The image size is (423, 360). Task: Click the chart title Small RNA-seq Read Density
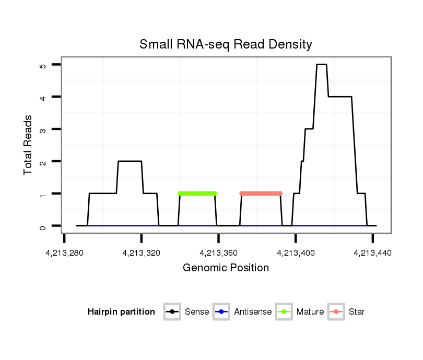click(x=226, y=44)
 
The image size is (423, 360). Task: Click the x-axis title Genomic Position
click(x=226, y=268)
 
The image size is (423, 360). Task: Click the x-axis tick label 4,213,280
click(x=64, y=253)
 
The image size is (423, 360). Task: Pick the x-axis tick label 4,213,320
click(x=142, y=253)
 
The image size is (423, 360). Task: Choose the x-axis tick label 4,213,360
click(x=218, y=253)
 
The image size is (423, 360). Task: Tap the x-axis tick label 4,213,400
click(x=296, y=253)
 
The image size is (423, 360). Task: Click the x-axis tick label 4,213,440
click(x=372, y=253)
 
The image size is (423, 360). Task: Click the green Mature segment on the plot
click(x=197, y=194)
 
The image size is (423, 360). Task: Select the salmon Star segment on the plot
click(x=261, y=194)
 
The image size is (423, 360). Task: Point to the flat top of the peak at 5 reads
click(x=322, y=65)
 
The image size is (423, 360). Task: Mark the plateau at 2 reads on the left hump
click(x=130, y=161)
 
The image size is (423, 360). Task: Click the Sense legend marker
click(x=172, y=312)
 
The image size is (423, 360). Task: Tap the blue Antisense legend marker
click(x=221, y=312)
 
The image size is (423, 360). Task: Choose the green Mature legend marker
click(x=284, y=312)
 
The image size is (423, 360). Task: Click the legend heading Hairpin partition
click(x=121, y=312)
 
